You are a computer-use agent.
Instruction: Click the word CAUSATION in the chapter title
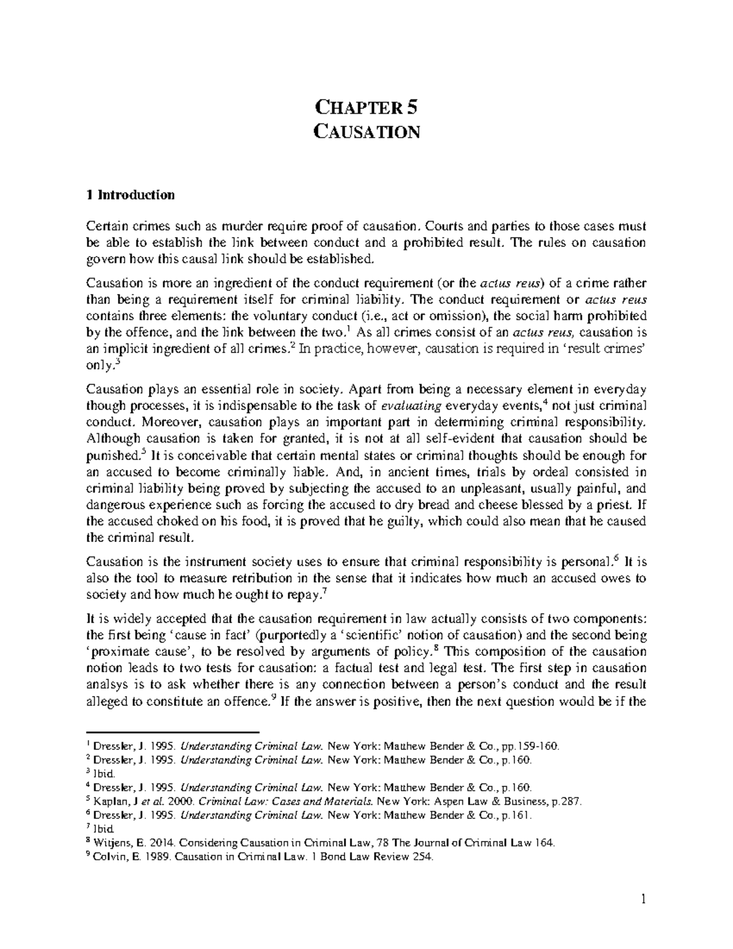pyautogui.click(x=366, y=131)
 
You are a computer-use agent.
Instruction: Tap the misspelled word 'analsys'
pyautogui.click(x=106, y=685)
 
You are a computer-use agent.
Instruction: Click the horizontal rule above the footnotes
pyautogui.click(x=173, y=731)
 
